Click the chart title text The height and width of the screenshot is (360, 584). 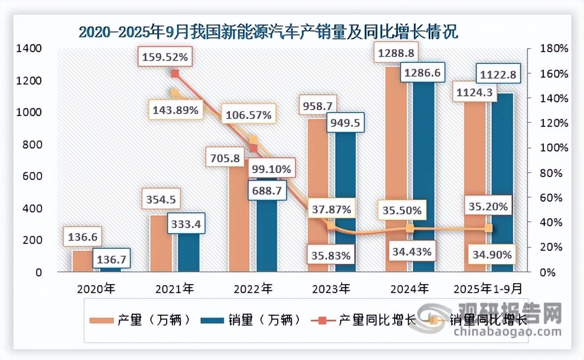[268, 33]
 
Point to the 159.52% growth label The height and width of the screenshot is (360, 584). [165, 57]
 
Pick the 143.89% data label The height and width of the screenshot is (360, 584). [175, 110]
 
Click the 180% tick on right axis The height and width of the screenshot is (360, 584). [553, 49]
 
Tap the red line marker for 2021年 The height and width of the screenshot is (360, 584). [174, 74]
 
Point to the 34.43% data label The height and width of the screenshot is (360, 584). [412, 252]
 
